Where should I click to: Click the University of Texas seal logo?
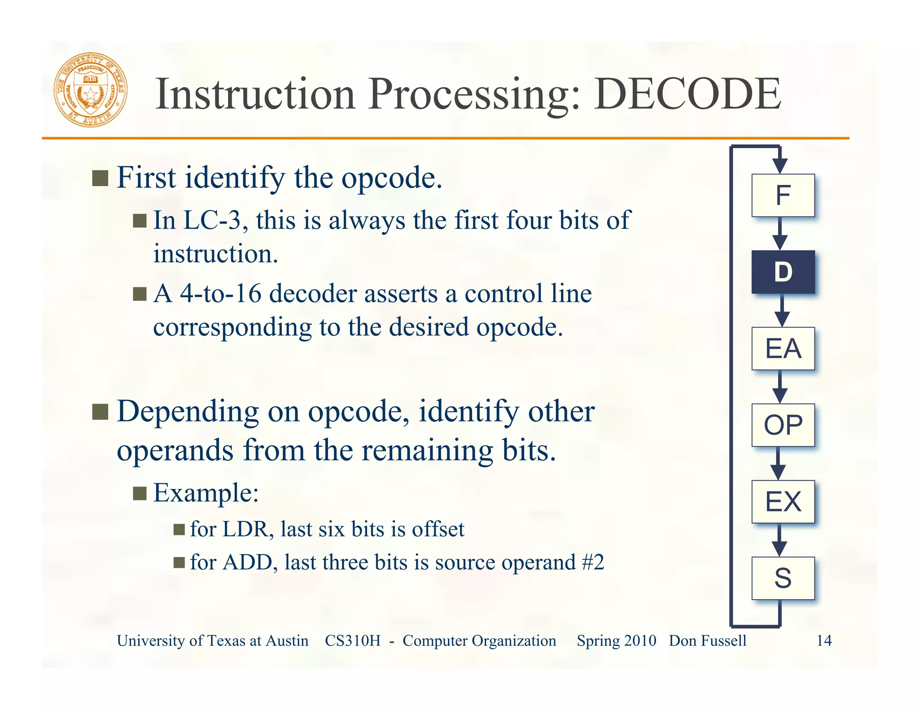(91, 90)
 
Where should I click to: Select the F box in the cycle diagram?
(783, 195)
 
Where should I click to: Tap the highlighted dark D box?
(783, 272)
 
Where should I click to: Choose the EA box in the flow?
(783, 349)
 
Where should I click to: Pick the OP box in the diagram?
(783, 425)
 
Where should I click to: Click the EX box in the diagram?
(783, 502)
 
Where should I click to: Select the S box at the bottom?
(783, 578)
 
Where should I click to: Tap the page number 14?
(824, 640)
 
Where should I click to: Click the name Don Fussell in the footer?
(708, 640)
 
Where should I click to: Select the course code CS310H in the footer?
(352, 640)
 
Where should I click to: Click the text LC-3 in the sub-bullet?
(212, 220)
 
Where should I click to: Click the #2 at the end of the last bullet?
(592, 562)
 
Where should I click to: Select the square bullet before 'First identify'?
(100, 178)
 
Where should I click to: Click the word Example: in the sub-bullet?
(206, 493)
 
